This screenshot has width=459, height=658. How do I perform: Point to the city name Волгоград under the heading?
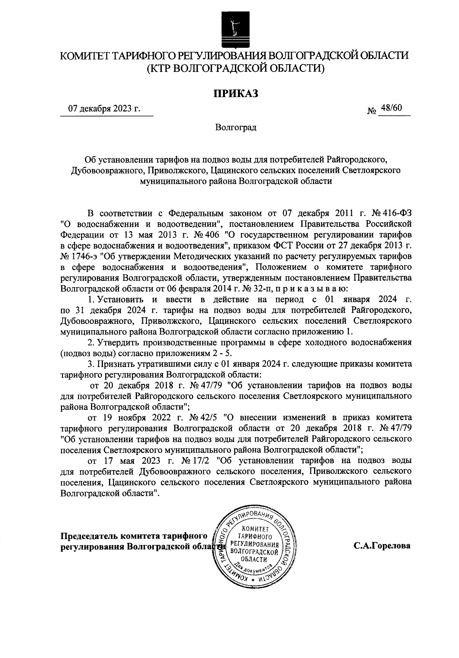click(x=236, y=127)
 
